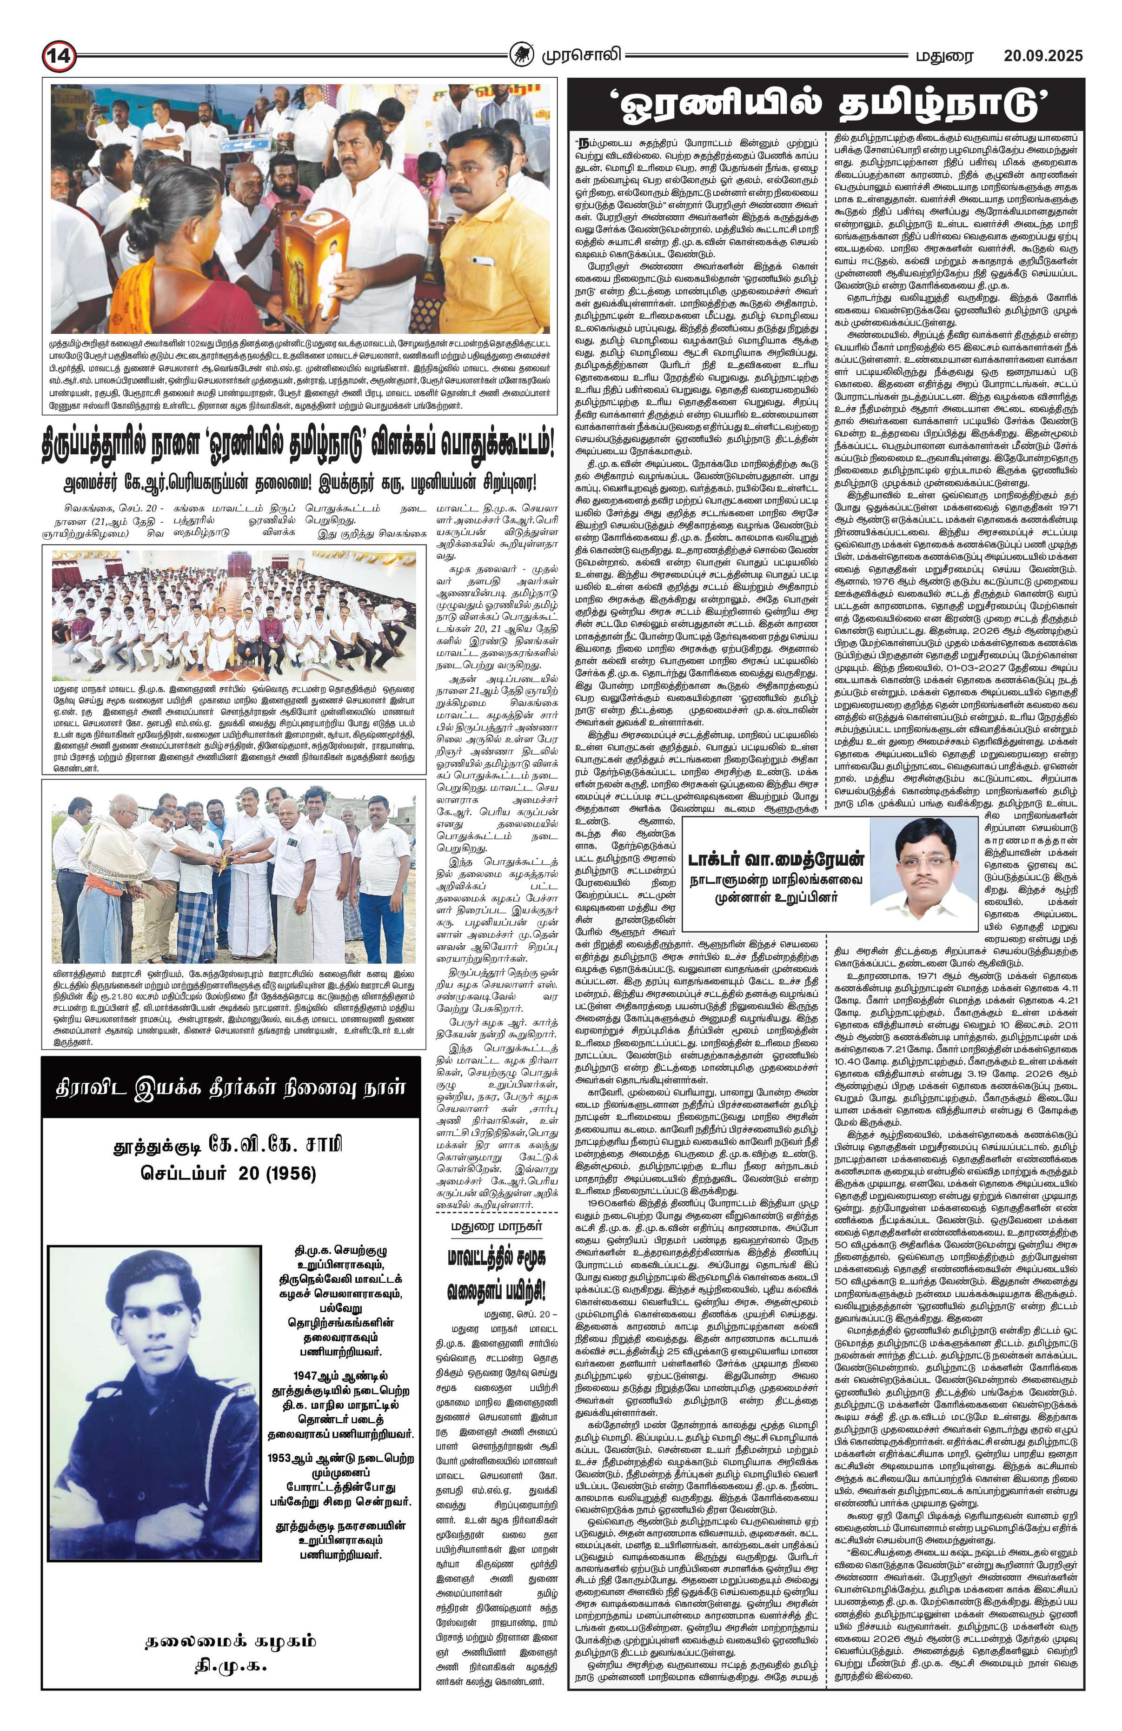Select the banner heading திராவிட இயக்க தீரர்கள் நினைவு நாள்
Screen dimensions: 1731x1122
[x=231, y=1088]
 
